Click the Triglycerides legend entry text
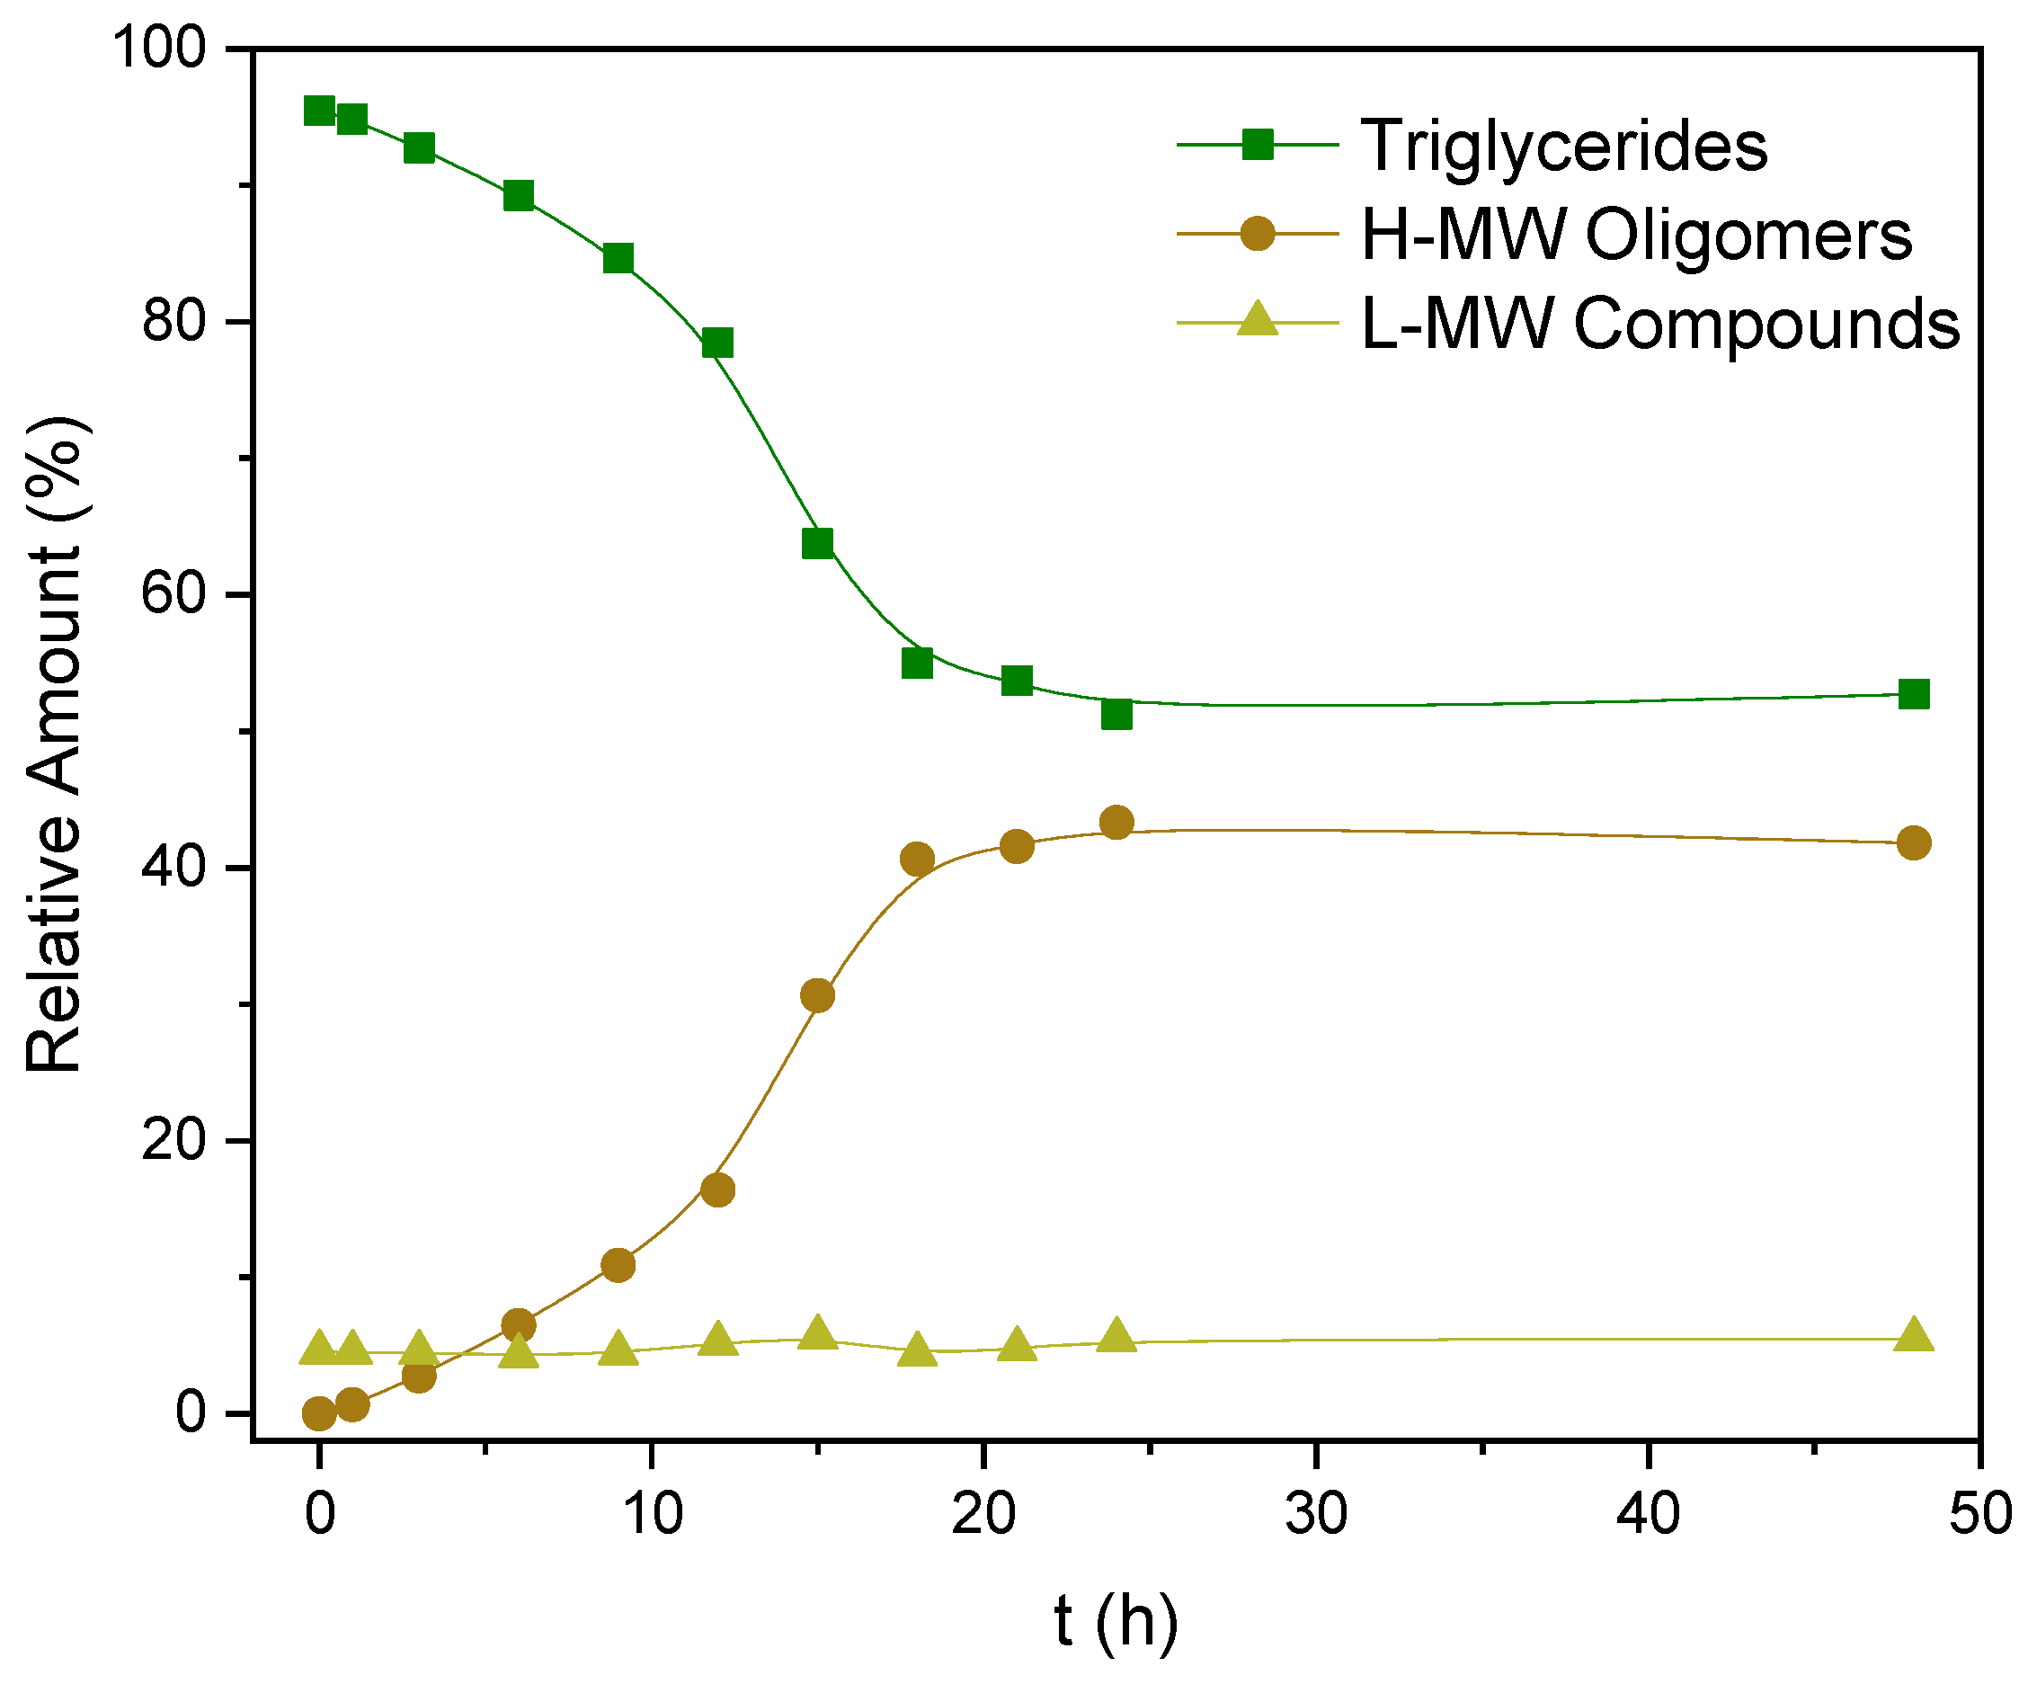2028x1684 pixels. click(1563, 147)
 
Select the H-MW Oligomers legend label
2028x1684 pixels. click(1636, 235)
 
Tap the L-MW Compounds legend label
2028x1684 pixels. click(1660, 323)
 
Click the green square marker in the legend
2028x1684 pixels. click(1258, 145)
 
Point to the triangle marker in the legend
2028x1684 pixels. click(1258, 319)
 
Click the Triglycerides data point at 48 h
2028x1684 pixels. click(1913, 694)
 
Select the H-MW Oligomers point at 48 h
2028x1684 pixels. click(1913, 842)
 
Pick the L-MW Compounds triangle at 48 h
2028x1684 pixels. click(1913, 1335)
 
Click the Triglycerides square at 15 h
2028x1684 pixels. click(817, 543)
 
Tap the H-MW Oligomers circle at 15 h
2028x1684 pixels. click(817, 995)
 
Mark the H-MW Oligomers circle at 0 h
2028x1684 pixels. click(319, 1413)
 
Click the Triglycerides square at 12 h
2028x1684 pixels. click(717, 342)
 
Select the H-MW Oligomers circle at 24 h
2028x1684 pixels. click(1116, 822)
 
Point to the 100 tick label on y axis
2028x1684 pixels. click(160, 49)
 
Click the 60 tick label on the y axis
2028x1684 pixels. click(173, 594)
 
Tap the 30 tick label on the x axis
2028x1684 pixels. click(1315, 1513)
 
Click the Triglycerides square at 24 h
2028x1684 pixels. click(1116, 714)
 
